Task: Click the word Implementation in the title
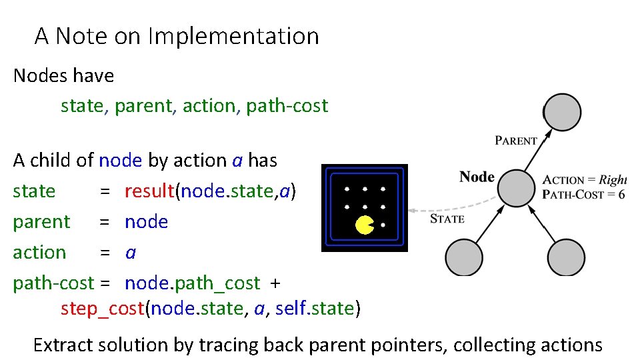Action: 233,36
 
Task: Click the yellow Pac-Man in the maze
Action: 365,225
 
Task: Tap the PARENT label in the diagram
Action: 516,141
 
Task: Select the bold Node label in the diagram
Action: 477,177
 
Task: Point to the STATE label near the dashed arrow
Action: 447,218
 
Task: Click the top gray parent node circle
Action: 563,111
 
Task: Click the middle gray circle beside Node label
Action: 517,187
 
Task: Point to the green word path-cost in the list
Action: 287,106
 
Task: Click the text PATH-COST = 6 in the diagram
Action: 583,195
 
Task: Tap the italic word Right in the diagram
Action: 613,180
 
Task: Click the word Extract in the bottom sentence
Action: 63,345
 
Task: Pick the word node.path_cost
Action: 192,283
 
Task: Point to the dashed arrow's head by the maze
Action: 412,211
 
